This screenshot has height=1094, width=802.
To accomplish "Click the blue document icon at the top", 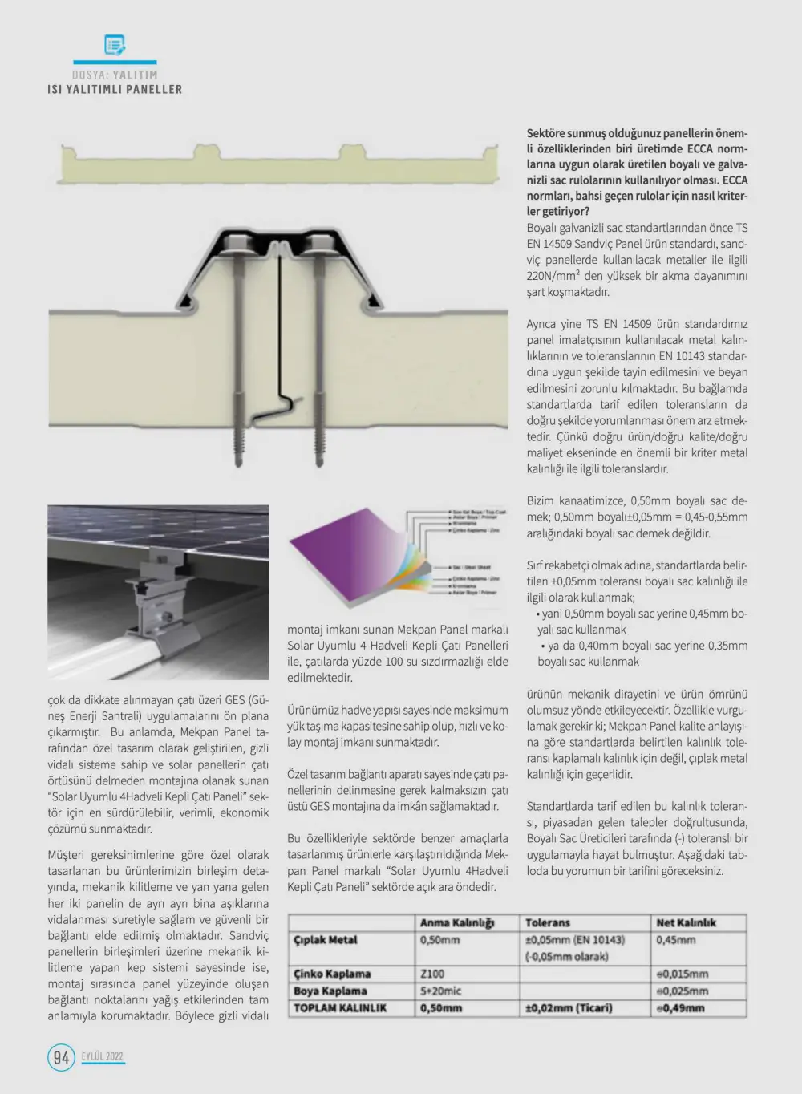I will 115,45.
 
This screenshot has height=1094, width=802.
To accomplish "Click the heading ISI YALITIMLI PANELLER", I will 115,90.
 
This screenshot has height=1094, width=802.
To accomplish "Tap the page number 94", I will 61,1057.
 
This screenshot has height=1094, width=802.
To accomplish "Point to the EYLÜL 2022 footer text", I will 103,1056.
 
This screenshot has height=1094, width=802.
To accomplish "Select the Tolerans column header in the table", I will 548,922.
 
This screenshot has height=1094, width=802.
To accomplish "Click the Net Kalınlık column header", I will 686,922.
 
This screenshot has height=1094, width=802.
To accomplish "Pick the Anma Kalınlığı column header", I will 457,922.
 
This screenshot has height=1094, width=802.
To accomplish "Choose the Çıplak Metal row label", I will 326,940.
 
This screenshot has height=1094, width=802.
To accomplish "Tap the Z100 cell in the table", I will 432,974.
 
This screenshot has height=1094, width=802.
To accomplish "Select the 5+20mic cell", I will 440,991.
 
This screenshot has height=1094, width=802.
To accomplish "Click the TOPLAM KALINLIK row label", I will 340,1008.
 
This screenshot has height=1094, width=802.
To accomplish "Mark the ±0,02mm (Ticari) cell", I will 569,1008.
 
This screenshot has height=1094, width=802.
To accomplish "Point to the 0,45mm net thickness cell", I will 676,940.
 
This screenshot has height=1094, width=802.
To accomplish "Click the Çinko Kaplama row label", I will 332,974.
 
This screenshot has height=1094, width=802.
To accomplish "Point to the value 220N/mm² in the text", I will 553,276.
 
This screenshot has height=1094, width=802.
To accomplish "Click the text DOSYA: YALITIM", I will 115,75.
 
